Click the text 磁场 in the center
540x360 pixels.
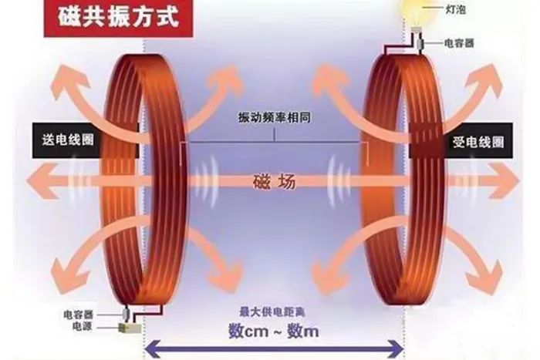(x=275, y=182)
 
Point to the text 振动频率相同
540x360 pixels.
(x=275, y=117)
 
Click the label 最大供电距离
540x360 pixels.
(x=272, y=312)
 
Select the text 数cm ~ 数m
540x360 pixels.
(x=273, y=331)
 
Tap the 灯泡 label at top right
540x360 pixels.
(x=456, y=9)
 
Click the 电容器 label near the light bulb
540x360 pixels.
(x=459, y=43)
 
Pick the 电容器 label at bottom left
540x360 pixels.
(x=79, y=315)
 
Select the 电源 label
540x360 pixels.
(x=83, y=326)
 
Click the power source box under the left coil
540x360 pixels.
(x=130, y=328)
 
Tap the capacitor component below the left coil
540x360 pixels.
(x=126, y=313)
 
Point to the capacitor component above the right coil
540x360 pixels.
(x=420, y=43)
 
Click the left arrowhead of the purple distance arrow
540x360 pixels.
(x=151, y=350)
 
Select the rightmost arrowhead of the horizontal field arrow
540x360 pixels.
(x=507, y=181)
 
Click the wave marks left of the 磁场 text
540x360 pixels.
(x=206, y=181)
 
